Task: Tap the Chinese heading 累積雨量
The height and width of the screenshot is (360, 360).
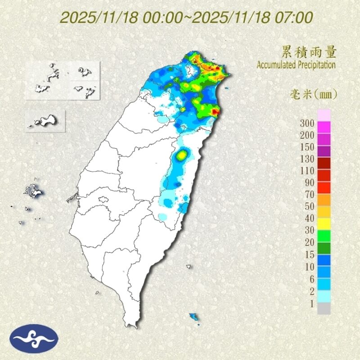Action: (309, 53)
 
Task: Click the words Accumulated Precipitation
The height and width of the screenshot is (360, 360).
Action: (296, 65)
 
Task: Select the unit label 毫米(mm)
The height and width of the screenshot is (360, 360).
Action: (312, 94)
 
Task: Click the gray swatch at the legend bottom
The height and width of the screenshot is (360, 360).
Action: (324, 309)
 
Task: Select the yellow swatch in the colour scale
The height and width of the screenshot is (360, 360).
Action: (324, 224)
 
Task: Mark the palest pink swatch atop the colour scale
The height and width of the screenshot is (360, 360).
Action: (324, 114)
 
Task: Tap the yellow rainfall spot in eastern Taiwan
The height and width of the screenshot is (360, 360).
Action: (182, 155)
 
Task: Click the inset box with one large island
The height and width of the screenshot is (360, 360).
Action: (46, 121)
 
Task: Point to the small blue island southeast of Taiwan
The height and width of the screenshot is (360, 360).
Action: (194, 317)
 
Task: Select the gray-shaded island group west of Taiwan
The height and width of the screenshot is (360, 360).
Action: (34, 192)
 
